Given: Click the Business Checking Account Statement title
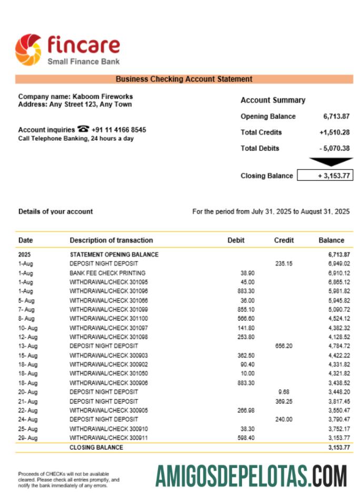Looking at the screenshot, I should [184, 79].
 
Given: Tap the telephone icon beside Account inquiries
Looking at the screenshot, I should [83, 129].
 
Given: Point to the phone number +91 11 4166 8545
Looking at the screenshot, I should [119, 130].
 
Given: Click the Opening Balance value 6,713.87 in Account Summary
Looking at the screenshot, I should [336, 116].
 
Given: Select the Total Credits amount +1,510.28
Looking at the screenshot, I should [334, 133].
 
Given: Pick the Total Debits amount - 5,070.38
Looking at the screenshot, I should [334, 148].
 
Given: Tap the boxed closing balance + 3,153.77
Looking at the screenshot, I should [325, 176].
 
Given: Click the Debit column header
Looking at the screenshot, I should [236, 240].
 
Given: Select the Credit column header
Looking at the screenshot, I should [284, 240].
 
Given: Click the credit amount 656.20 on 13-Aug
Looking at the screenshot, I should [284, 346].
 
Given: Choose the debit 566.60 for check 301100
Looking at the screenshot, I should [246, 318].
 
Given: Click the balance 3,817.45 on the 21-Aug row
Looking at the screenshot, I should [339, 401].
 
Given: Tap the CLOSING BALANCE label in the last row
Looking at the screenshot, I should [96, 447].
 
